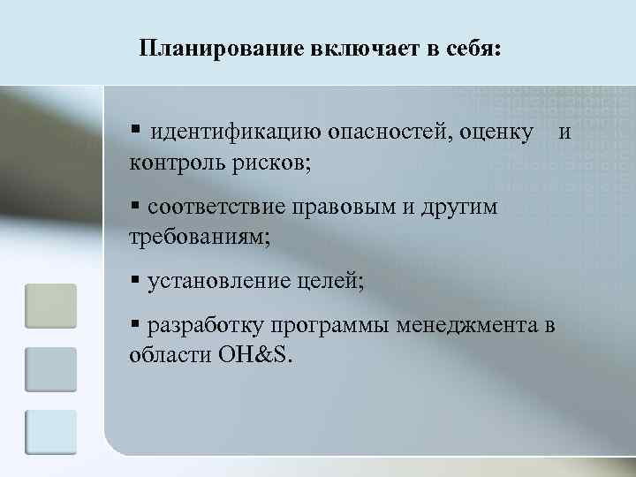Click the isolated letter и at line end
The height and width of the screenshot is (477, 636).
click(565, 132)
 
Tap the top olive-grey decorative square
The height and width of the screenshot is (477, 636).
click(50, 306)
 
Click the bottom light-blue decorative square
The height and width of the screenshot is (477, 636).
click(50, 432)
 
